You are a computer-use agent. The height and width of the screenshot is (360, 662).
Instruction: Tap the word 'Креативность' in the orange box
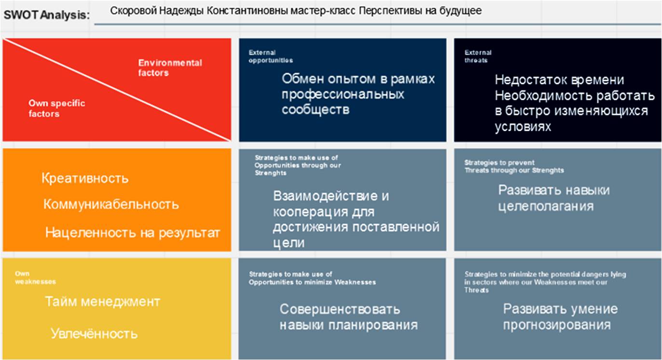tap(85, 179)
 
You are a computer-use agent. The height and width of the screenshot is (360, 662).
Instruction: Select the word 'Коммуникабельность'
tap(111, 204)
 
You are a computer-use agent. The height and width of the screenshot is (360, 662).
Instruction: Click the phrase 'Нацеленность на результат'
tap(133, 233)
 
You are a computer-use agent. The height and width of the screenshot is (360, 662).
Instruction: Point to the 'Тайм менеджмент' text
tap(103, 302)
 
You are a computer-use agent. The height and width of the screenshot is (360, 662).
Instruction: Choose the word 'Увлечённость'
tap(94, 333)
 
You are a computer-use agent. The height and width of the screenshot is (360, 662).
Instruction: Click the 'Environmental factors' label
tap(170, 68)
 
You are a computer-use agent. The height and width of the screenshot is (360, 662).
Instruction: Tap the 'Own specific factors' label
tap(57, 108)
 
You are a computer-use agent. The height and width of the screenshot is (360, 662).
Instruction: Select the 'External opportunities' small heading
tap(271, 56)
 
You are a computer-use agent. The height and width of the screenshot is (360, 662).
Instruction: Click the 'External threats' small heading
tap(478, 56)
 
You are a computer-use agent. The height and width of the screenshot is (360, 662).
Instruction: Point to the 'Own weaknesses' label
tap(36, 278)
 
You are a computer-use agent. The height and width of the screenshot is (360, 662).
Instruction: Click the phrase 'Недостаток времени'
tap(559, 80)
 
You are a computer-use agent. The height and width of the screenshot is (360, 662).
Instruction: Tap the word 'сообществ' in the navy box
tap(316, 110)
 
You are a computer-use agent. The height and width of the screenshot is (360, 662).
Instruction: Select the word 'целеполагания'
tap(546, 207)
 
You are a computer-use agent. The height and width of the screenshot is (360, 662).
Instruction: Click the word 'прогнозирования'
tap(557, 325)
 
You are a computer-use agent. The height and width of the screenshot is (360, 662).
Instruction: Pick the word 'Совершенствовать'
tap(340, 309)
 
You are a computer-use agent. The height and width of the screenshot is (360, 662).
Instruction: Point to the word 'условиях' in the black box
tap(523, 127)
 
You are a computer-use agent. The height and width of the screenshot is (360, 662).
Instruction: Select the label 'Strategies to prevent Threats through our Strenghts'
tap(514, 166)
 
